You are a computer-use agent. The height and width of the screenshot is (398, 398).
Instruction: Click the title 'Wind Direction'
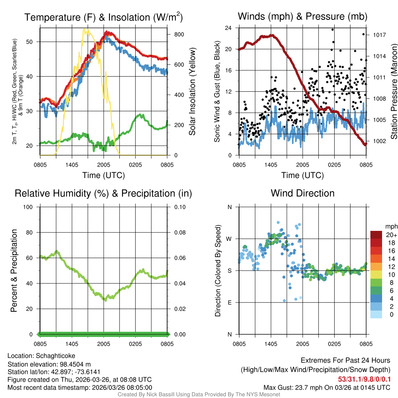click(302, 193)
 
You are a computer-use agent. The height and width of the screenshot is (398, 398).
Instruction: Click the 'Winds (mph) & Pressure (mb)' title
click(302, 17)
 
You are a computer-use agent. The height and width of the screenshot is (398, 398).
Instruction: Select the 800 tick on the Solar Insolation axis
click(179, 34)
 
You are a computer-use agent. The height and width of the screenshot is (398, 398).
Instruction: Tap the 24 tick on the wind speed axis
click(229, 28)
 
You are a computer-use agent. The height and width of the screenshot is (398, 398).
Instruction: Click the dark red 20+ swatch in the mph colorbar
click(377, 235)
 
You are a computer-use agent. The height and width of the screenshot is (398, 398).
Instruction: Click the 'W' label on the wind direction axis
click(229, 239)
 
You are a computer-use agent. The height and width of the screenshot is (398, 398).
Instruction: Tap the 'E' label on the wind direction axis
click(229, 302)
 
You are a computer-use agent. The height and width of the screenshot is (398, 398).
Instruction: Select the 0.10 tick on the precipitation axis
click(179, 207)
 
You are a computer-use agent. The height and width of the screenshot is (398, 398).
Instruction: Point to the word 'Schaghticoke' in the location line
click(55, 356)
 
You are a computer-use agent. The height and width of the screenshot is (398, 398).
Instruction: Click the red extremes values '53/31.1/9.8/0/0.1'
click(364, 379)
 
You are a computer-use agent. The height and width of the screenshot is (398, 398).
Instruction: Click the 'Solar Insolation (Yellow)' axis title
click(192, 92)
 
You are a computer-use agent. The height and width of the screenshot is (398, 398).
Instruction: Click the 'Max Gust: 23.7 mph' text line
click(326, 387)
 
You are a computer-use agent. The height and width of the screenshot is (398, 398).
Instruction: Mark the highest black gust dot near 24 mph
click(333, 30)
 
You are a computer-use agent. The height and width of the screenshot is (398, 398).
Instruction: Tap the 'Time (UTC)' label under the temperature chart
click(103, 175)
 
